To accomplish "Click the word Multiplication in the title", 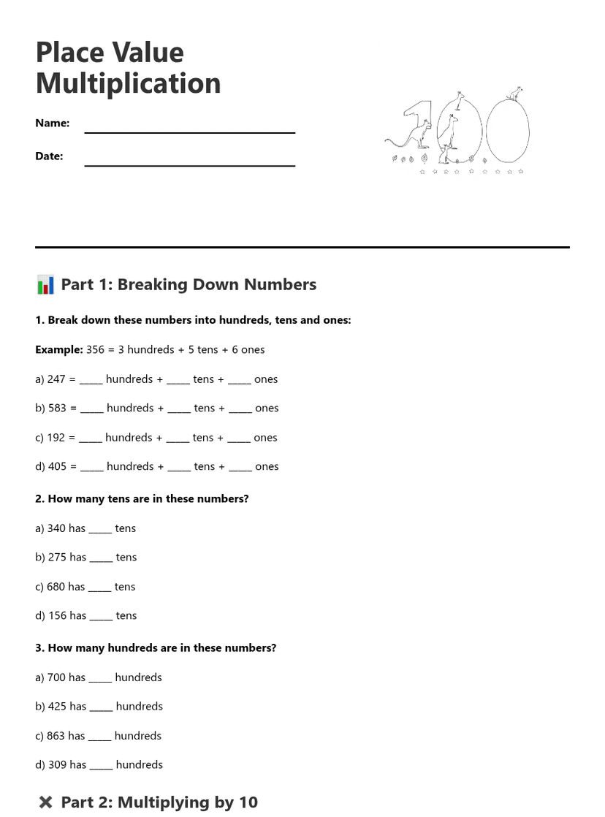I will pyautogui.click(x=128, y=84).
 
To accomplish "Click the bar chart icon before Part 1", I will pyautogui.click(x=45, y=284).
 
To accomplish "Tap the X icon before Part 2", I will pyautogui.click(x=45, y=802).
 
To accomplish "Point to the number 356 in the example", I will pyautogui.click(x=95, y=350).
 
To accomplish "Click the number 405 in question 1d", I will pyautogui.click(x=57, y=467).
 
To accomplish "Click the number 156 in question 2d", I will pyautogui.click(x=57, y=616).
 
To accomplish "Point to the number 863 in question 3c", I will pyautogui.click(x=56, y=737).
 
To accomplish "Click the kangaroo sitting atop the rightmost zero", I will pyautogui.click(x=515, y=94).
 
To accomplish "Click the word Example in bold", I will pyautogui.click(x=59, y=350).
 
